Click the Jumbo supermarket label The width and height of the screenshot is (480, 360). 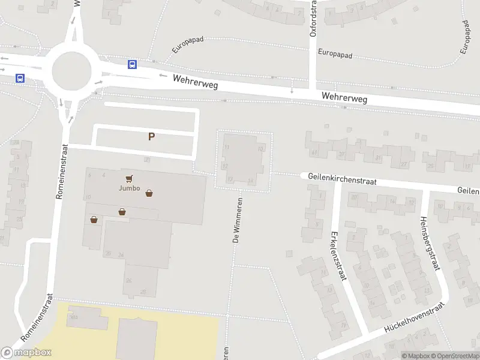pos(129,188)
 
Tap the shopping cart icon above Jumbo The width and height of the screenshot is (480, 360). pos(129,178)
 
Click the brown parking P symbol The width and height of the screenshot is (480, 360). pos(152,136)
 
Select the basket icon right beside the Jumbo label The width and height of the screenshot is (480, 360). pos(149,193)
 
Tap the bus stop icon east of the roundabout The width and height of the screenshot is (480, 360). pos(131,65)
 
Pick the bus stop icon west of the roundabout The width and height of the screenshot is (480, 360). pos(20,78)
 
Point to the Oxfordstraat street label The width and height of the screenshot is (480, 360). pos(313,18)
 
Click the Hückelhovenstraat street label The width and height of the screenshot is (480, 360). pos(413,317)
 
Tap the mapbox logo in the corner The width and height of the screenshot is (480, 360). pos(26,352)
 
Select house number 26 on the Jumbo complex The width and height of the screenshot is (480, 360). pos(128,280)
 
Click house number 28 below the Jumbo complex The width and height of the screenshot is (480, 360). pos(142,292)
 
